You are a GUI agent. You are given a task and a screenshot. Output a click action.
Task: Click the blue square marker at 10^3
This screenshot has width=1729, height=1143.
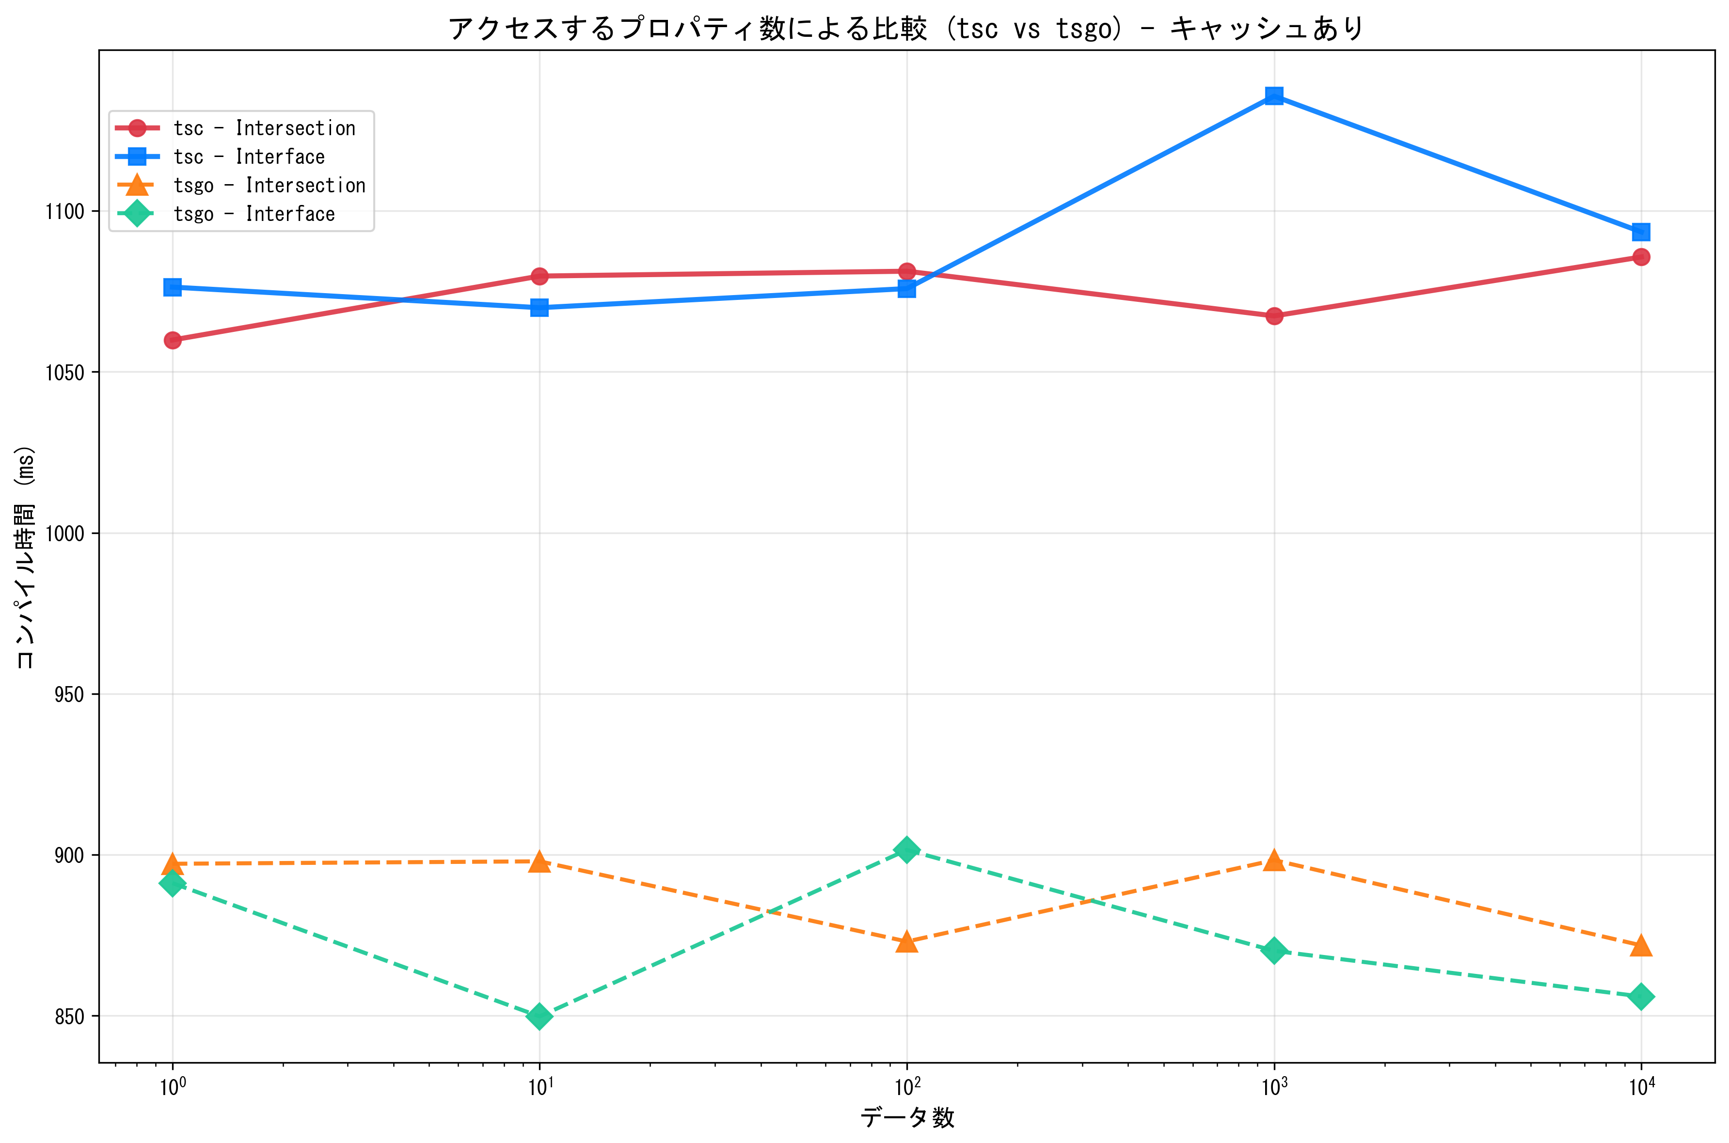1274,95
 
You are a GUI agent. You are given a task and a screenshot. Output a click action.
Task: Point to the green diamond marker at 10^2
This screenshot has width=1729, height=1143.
906,850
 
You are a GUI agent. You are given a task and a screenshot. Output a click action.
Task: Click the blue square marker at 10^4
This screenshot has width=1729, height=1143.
1641,232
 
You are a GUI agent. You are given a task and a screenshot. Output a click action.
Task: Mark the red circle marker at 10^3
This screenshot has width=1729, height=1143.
1274,315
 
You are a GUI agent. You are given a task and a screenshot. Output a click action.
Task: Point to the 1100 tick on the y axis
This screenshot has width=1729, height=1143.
65,211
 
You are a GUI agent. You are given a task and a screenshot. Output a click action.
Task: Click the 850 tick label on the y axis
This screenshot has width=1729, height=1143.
69,1017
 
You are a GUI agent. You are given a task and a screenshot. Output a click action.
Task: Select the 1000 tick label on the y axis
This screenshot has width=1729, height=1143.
65,533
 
